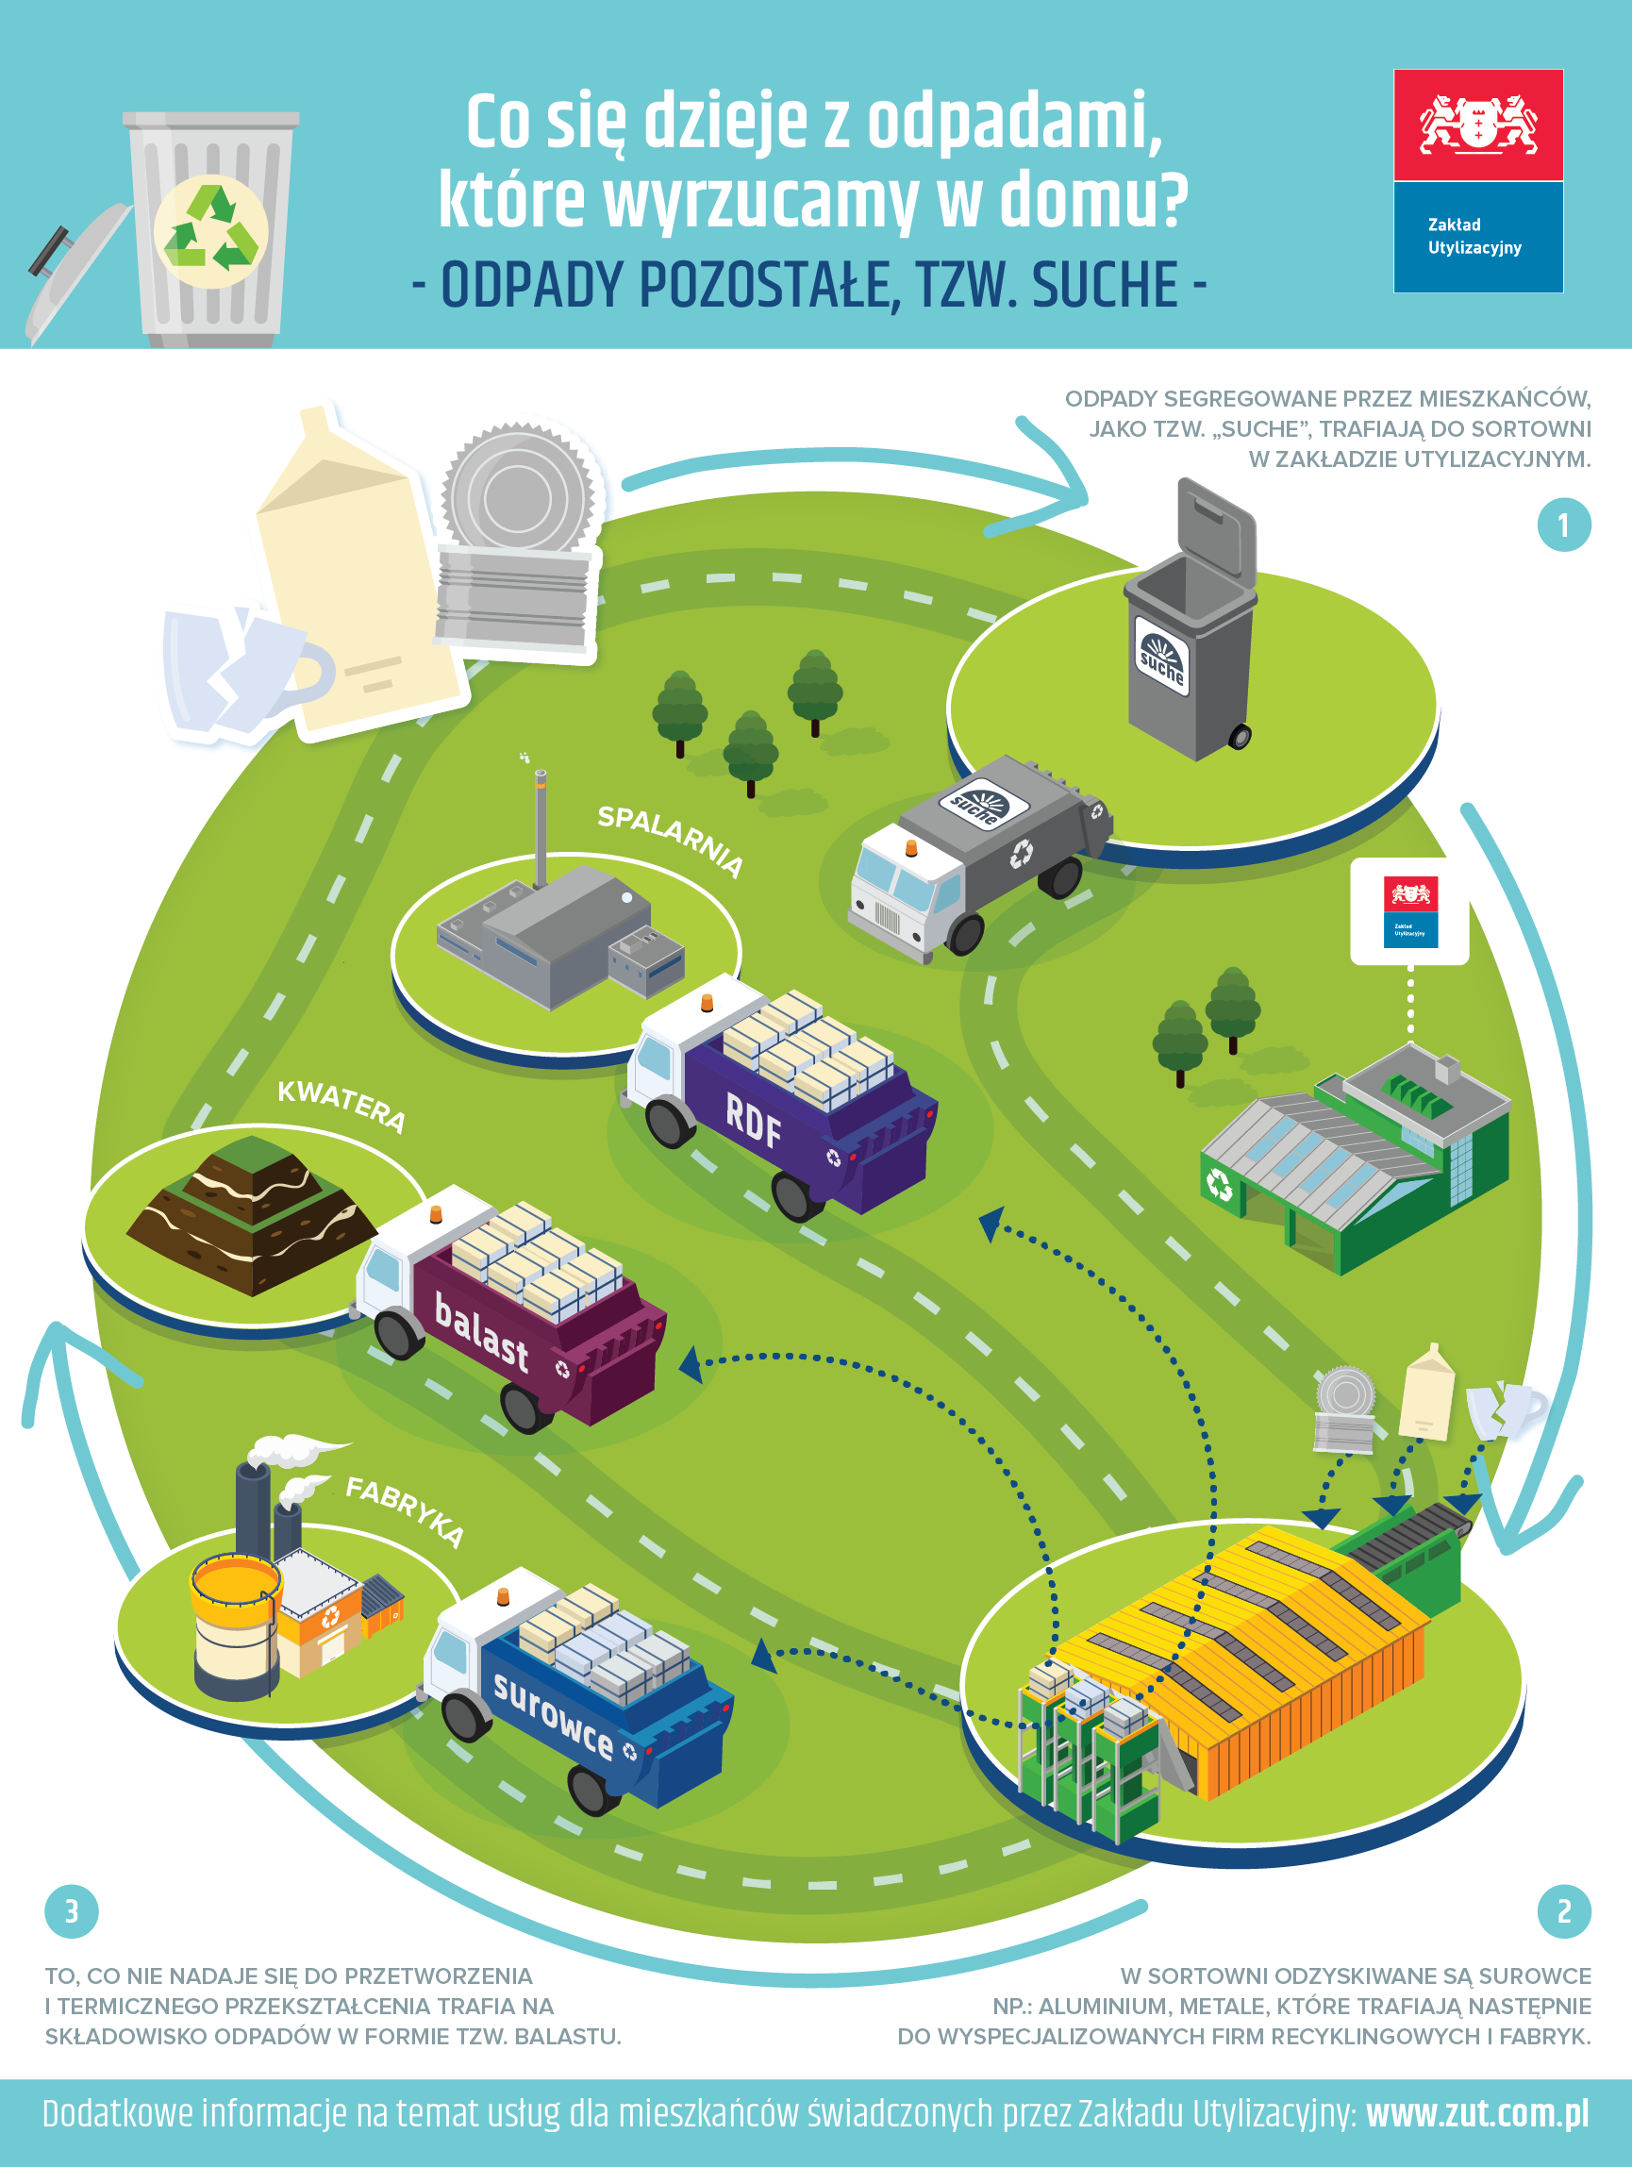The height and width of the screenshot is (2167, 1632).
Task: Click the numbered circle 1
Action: pyautogui.click(x=1563, y=525)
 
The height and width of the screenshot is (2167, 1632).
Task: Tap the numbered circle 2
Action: pyautogui.click(x=1563, y=1910)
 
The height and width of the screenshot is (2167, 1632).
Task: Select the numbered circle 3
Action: pyautogui.click(x=72, y=1910)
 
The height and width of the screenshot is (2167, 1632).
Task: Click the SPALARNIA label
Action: pyautogui.click(x=671, y=841)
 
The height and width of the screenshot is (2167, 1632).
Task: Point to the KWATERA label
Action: pyautogui.click(x=341, y=1105)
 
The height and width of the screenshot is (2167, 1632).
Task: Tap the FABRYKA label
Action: pyautogui.click(x=405, y=1511)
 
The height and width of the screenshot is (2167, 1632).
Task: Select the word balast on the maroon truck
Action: pyautogui.click(x=481, y=1331)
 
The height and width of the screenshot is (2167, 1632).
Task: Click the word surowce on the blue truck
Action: pyautogui.click(x=553, y=1716)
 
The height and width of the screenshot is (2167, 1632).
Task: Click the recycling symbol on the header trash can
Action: pyautogui.click(x=210, y=231)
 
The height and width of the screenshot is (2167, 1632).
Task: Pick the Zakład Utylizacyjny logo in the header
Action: pyautogui.click(x=1477, y=181)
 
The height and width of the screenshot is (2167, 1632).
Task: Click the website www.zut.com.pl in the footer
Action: pyautogui.click(x=1477, y=2114)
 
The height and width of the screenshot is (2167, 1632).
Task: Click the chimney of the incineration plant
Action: pyautogui.click(x=540, y=827)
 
